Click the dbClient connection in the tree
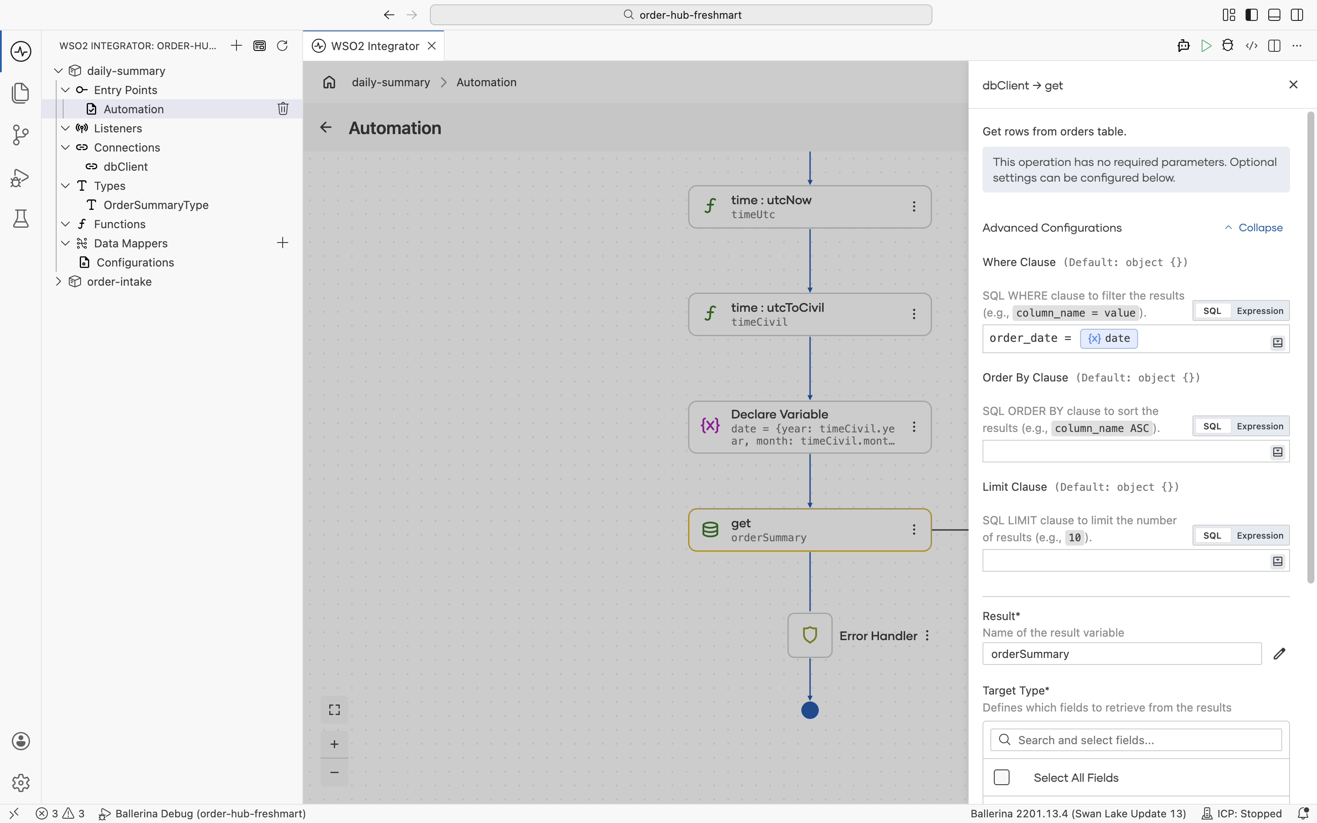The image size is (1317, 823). click(125, 166)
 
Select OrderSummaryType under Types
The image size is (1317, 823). click(155, 205)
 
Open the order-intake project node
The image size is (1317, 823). click(119, 281)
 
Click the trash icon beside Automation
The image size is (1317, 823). click(283, 109)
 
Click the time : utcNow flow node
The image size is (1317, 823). click(809, 207)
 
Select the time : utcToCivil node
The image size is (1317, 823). click(809, 314)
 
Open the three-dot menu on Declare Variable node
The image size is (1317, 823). click(914, 427)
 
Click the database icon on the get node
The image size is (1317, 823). click(710, 530)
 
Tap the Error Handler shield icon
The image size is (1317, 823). click(810, 635)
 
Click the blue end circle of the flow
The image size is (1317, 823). click(810, 710)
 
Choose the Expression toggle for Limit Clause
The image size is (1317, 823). click(1260, 536)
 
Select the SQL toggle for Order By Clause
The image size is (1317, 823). click(1212, 426)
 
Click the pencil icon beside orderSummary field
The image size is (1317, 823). click(1279, 654)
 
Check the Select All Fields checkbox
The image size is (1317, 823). click(1001, 777)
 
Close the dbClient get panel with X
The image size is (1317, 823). click(1293, 84)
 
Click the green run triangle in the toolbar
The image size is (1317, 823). click(1206, 46)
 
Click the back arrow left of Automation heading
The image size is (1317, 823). click(325, 127)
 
